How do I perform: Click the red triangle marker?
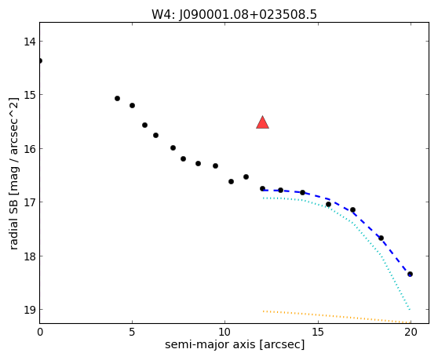pos(263,122)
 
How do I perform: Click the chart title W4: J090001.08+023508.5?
pos(234,14)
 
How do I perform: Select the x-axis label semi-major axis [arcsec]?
pos(235,344)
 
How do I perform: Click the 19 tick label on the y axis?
pos(30,310)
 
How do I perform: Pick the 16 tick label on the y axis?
pos(30,149)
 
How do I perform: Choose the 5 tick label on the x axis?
pos(132,332)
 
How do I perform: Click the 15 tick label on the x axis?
pos(318,332)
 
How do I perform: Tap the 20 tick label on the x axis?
pos(411,332)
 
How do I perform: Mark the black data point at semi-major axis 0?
pos(40,61)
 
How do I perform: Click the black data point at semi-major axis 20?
pos(410,274)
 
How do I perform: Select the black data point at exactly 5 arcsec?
pos(132,105)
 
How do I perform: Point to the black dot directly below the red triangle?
pos(263,189)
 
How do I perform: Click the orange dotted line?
pos(337,317)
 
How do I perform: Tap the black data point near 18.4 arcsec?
pos(381,238)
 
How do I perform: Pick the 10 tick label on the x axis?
pos(224,332)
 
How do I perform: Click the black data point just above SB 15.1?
pos(117,99)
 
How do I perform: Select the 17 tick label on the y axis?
pos(30,202)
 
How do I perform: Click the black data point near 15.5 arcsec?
pos(328,205)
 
